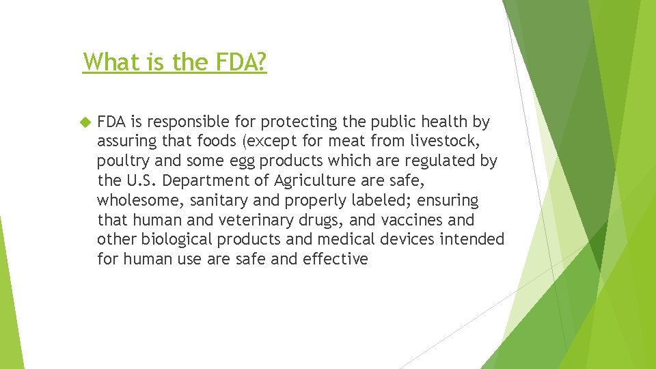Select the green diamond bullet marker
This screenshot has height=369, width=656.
click(85, 122)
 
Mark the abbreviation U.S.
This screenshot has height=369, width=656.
click(142, 181)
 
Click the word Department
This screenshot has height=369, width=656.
click(211, 181)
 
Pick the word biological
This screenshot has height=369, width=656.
click(177, 240)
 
